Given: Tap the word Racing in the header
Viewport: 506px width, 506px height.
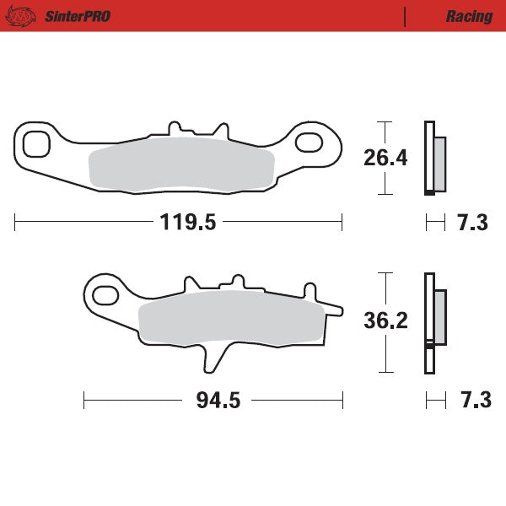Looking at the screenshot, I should pos(469,16).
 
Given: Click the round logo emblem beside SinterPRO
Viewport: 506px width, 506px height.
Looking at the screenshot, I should pos(24,15).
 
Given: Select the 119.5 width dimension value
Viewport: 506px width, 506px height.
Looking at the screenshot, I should pos(188,223).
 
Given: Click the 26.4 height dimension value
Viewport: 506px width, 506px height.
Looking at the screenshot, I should pos(385,158).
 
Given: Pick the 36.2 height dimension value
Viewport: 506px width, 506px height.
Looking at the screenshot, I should pos(385,321).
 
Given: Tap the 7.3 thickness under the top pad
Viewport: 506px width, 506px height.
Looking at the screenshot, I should pos(472,223).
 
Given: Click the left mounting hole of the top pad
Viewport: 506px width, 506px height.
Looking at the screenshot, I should pos(36,143).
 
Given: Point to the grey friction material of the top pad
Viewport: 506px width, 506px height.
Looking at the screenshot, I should pos(181,165).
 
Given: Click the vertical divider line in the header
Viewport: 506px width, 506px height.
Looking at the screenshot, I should pos(406,16).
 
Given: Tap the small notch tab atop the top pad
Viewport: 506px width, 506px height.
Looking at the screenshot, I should pos(176,128).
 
